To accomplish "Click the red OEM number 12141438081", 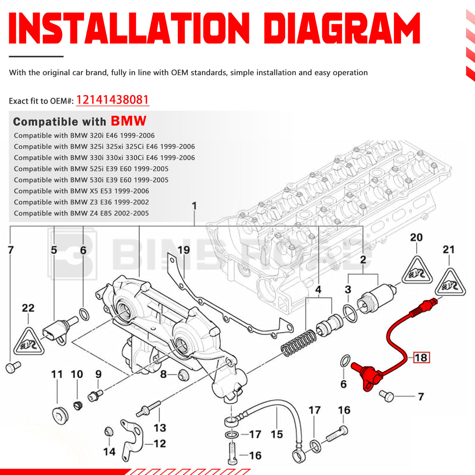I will [112, 100].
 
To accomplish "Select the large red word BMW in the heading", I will [128, 121].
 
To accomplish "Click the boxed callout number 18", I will [421, 357].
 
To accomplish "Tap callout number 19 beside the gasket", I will [184, 250].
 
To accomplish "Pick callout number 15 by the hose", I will [277, 434].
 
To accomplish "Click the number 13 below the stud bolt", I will [160, 428].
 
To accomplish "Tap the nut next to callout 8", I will [182, 374].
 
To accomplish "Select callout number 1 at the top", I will [194, 206].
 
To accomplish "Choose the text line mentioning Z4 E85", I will [81, 213].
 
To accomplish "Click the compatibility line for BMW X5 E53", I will [81, 191].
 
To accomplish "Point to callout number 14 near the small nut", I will [109, 451].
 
